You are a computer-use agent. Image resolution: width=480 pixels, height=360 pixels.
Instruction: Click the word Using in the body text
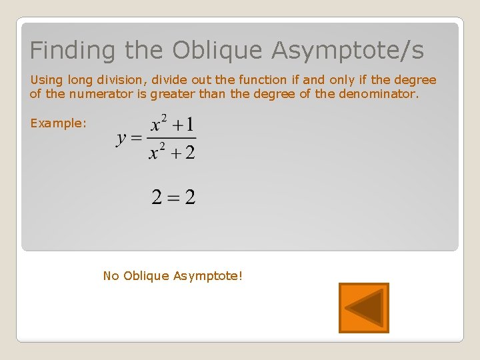[45, 80]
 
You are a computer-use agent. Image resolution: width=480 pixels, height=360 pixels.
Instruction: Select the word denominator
[379, 94]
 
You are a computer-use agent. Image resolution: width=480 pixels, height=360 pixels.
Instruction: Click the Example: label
[58, 123]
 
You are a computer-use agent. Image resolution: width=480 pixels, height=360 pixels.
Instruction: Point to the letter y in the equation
[121, 139]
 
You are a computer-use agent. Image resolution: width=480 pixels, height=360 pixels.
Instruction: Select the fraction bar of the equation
[171, 139]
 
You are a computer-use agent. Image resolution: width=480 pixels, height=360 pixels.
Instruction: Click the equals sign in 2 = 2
[173, 198]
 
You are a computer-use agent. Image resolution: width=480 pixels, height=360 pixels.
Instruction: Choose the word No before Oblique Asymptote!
[111, 275]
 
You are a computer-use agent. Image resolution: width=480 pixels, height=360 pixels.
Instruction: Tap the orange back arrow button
[363, 308]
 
